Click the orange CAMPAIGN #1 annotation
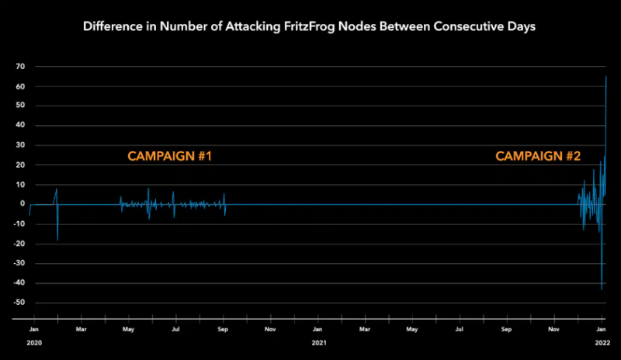coord(169,157)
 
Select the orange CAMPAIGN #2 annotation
coord(538,157)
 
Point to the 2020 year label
coord(33,342)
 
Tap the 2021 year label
coord(318,342)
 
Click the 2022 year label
coord(601,342)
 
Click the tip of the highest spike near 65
coord(605,76)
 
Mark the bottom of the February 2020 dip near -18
coord(57,240)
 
